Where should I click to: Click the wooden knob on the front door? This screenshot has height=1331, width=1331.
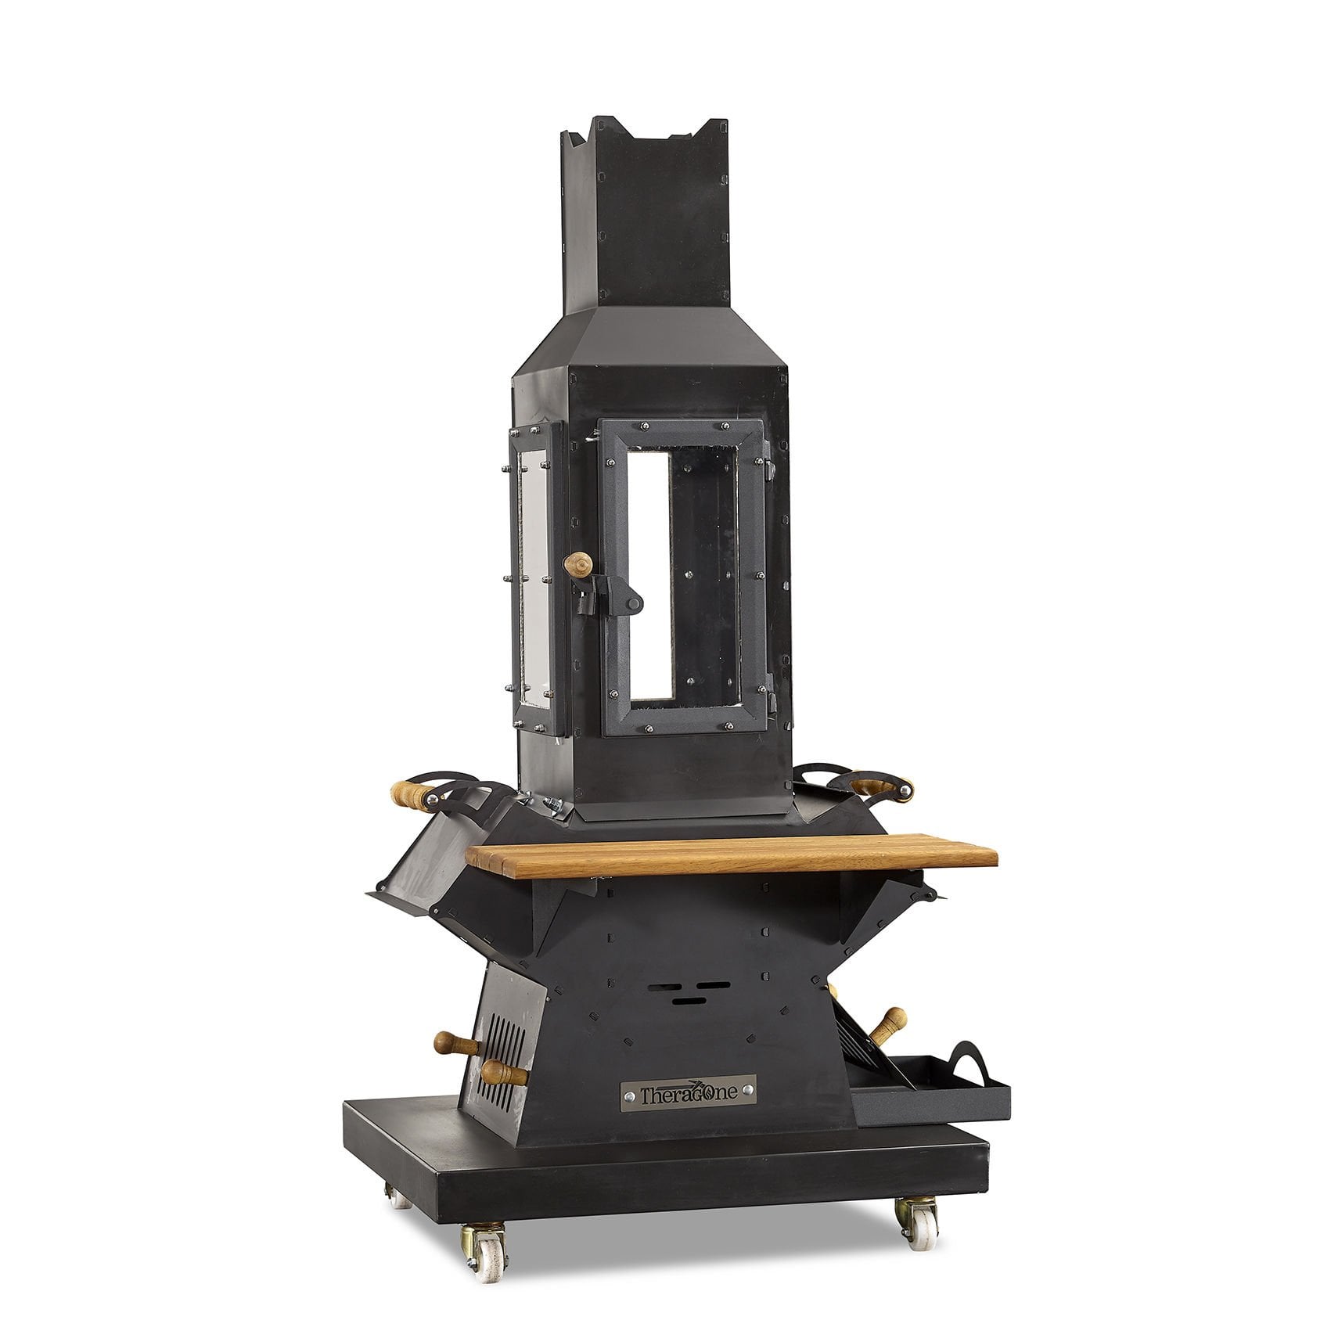point(581,562)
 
